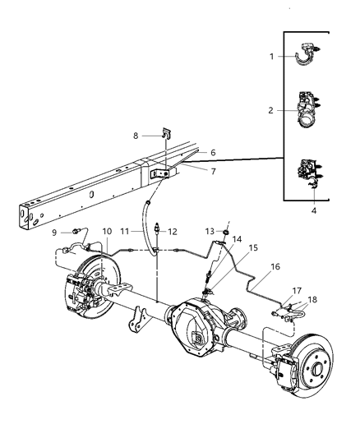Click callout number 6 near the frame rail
[x=214, y=152]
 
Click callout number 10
[x=107, y=232]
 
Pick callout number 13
[x=210, y=231]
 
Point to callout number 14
[x=237, y=239]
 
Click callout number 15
[x=254, y=247]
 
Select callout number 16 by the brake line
[x=275, y=267]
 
